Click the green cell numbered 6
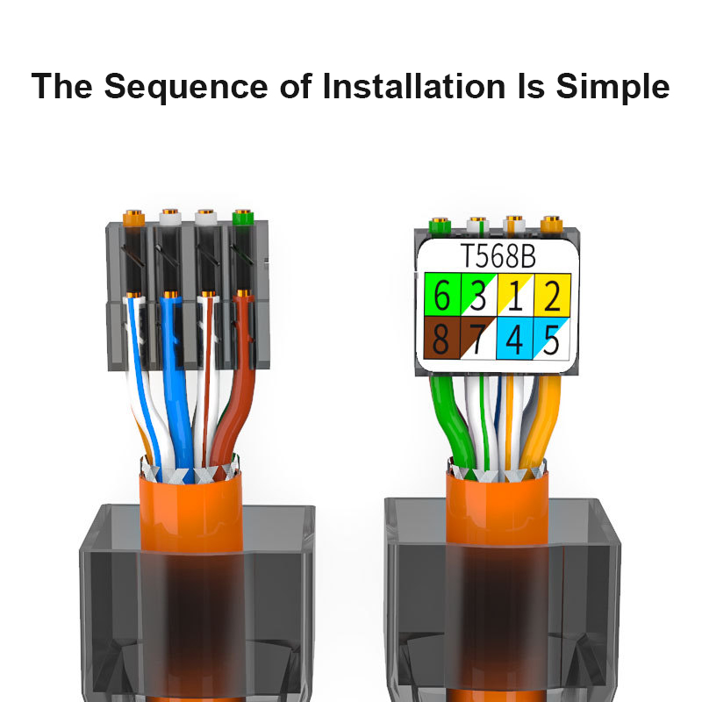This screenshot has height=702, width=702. pyautogui.click(x=442, y=297)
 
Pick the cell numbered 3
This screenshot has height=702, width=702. pyautogui.click(x=478, y=297)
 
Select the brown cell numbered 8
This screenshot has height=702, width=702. pyautogui.click(x=442, y=338)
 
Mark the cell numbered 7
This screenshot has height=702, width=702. pyautogui.click(x=478, y=338)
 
